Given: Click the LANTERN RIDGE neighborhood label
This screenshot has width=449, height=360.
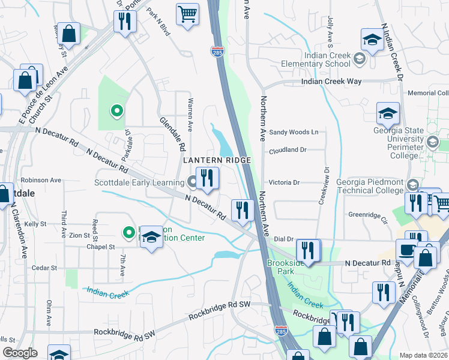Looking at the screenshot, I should pos(217,160).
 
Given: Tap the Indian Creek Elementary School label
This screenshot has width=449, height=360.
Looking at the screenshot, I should pos(327,59).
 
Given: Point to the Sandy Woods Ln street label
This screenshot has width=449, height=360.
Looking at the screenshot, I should pos(294,132).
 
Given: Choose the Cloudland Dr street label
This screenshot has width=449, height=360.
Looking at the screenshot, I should pos(288,151).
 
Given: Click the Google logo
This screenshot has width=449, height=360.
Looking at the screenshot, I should pos(20,353).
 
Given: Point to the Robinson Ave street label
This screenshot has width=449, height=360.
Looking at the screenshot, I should pos(41,179).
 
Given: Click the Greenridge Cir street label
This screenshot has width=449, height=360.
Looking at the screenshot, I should pos(367,214).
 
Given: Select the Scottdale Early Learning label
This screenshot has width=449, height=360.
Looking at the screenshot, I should pos(139,183).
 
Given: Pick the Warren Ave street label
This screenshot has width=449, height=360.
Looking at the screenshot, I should pos(190,115).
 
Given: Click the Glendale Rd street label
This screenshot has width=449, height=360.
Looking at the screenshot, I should pos(173,133).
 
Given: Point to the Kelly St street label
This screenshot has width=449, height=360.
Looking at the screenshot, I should pos(35,224).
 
